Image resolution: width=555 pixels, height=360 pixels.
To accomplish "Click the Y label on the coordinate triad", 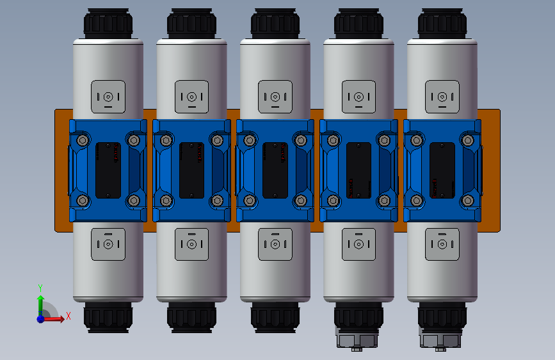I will coord(40,288).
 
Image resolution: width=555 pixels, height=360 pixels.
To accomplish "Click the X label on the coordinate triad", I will coord(68,316).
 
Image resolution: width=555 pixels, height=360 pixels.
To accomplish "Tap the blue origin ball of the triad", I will coord(40,318).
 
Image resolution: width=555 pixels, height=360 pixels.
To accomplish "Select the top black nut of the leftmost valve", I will coord(108,24).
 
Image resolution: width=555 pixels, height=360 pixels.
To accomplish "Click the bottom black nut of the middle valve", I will coord(275,316).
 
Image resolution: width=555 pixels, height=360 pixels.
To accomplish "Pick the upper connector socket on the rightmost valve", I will coord(442,97).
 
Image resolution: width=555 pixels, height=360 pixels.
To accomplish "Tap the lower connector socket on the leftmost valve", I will coord(108,244).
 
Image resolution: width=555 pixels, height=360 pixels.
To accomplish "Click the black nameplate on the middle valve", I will coord(275,170).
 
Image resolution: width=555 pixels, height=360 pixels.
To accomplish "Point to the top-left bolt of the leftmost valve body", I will coord(82,140).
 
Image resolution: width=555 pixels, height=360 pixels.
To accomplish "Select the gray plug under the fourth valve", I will coord(358,339).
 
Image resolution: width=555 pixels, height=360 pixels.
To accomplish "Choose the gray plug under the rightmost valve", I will coord(441,339).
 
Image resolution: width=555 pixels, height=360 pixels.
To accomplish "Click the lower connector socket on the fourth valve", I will coord(358,244).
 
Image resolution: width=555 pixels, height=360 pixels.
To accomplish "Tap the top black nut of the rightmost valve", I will coord(442,24).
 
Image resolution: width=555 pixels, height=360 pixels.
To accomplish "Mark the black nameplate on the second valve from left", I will coord(191,170).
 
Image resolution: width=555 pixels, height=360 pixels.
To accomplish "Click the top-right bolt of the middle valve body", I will coord(301,140).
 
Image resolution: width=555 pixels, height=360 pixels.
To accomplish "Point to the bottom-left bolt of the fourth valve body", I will coord(333,200).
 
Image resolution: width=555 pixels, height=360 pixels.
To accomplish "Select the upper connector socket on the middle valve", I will coord(275,97).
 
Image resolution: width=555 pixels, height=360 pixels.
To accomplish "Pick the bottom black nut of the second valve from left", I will coord(191,316).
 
